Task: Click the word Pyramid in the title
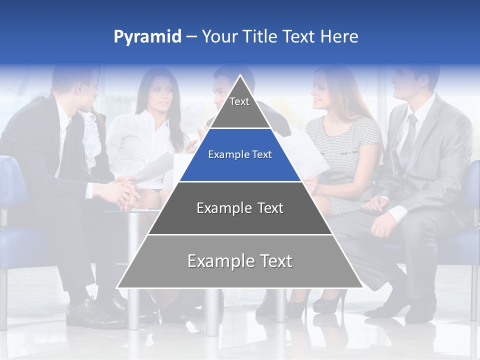click(147, 37)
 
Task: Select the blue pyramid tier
click(240, 155)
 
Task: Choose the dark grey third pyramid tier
click(240, 208)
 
